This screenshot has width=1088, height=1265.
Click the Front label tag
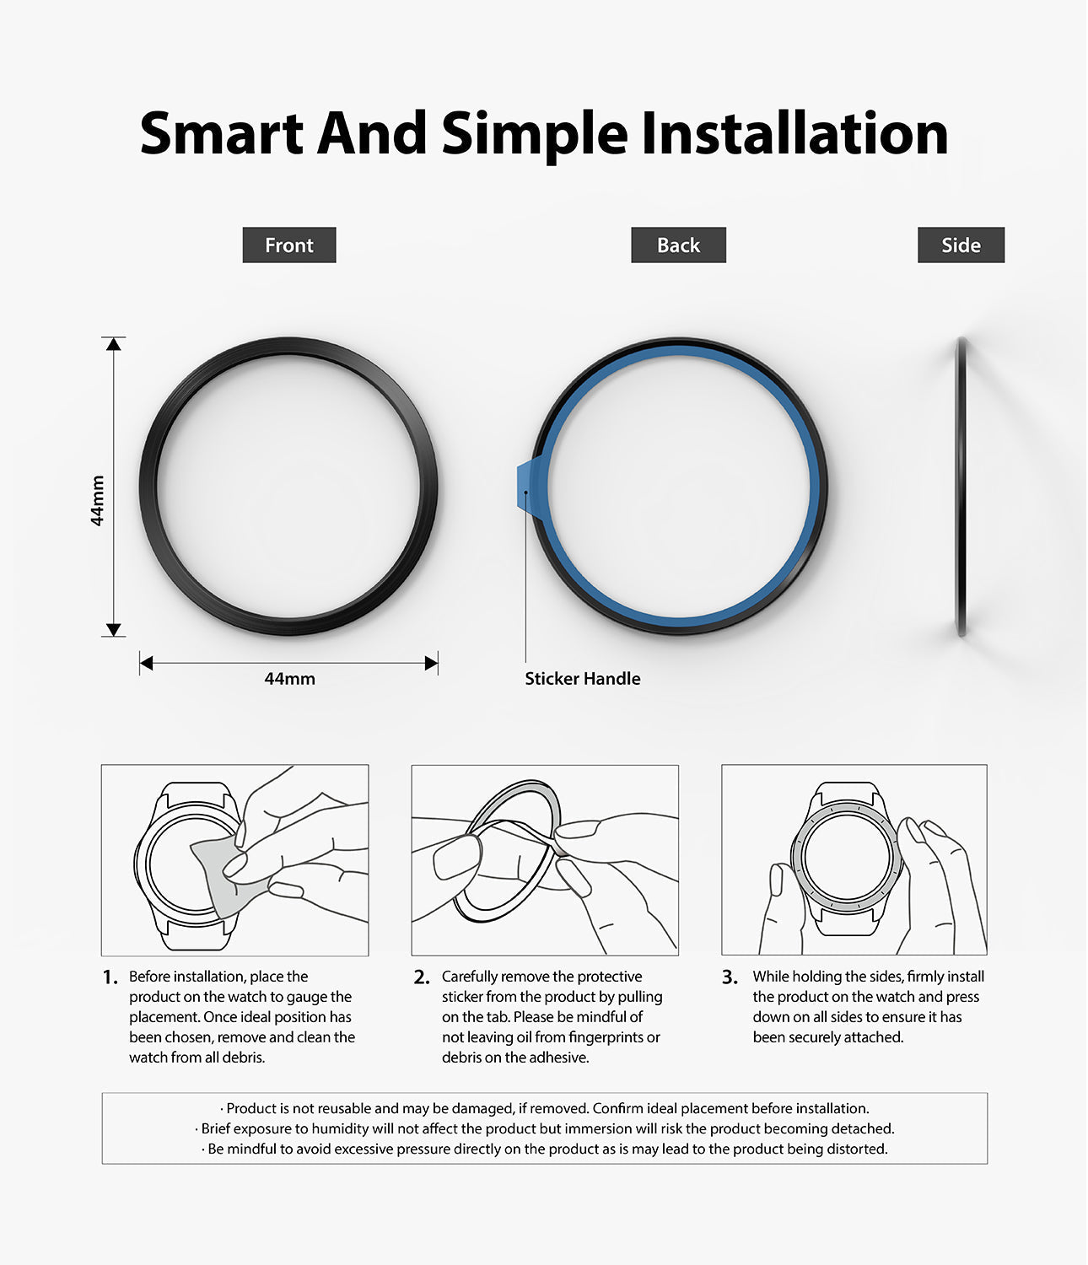[288, 245]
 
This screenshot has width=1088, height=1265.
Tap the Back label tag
[678, 245]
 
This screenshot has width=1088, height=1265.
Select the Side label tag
[961, 245]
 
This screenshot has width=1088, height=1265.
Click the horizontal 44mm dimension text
[289, 679]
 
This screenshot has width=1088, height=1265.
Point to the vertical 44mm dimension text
[97, 500]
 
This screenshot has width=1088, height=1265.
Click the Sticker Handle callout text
[583, 679]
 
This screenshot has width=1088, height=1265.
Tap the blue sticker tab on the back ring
[530, 487]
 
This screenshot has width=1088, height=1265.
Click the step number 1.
[110, 977]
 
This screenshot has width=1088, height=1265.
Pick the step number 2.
[422, 977]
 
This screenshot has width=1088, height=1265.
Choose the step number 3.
[730, 977]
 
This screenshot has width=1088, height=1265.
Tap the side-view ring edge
[962, 487]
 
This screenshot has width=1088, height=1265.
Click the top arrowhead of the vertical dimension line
[113, 344]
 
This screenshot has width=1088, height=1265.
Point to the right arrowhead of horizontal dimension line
[432, 663]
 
